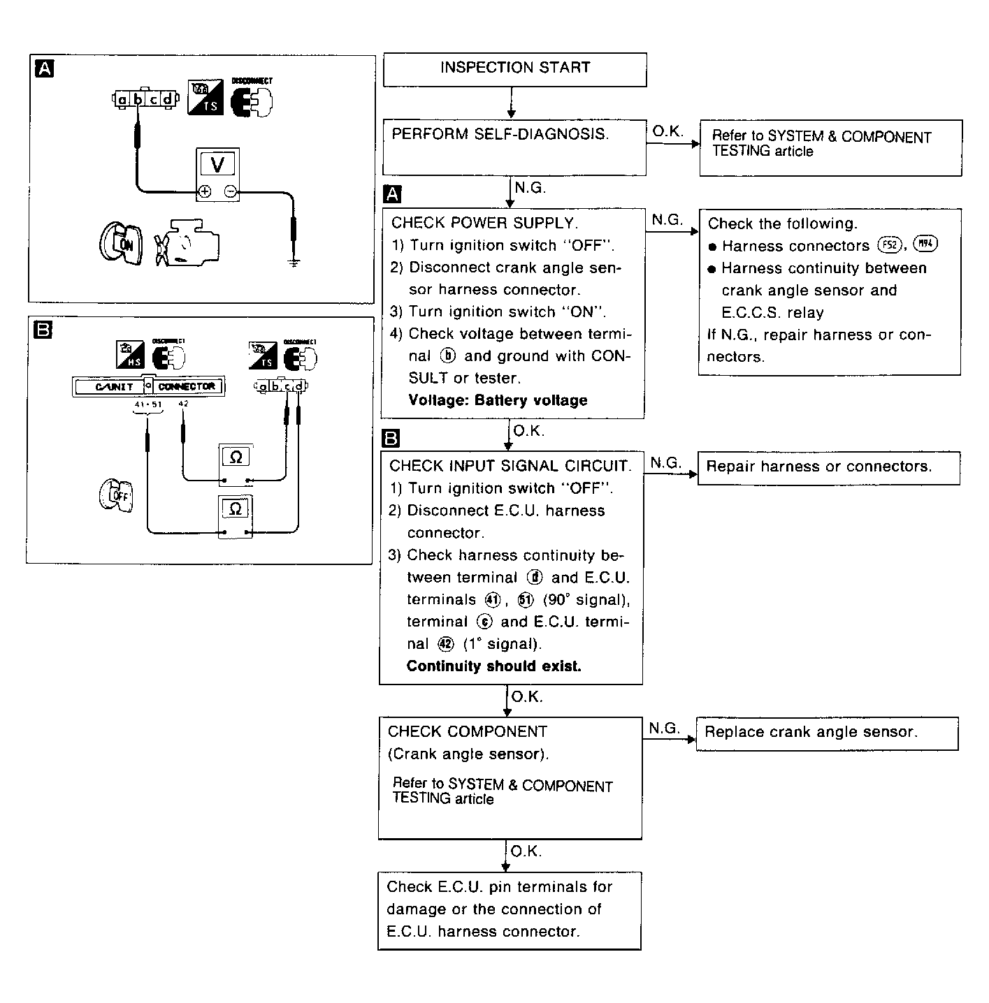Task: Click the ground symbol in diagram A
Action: [294, 263]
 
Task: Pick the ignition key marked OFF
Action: [116, 496]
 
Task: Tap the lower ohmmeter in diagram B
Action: [236, 516]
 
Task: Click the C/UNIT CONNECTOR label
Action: [148, 386]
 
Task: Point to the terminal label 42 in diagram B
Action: [184, 404]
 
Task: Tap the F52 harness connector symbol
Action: [888, 245]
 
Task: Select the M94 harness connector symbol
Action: [925, 244]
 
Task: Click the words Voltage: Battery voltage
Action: [498, 401]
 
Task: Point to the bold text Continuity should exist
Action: [493, 666]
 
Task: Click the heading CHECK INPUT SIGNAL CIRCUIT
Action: [510, 467]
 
